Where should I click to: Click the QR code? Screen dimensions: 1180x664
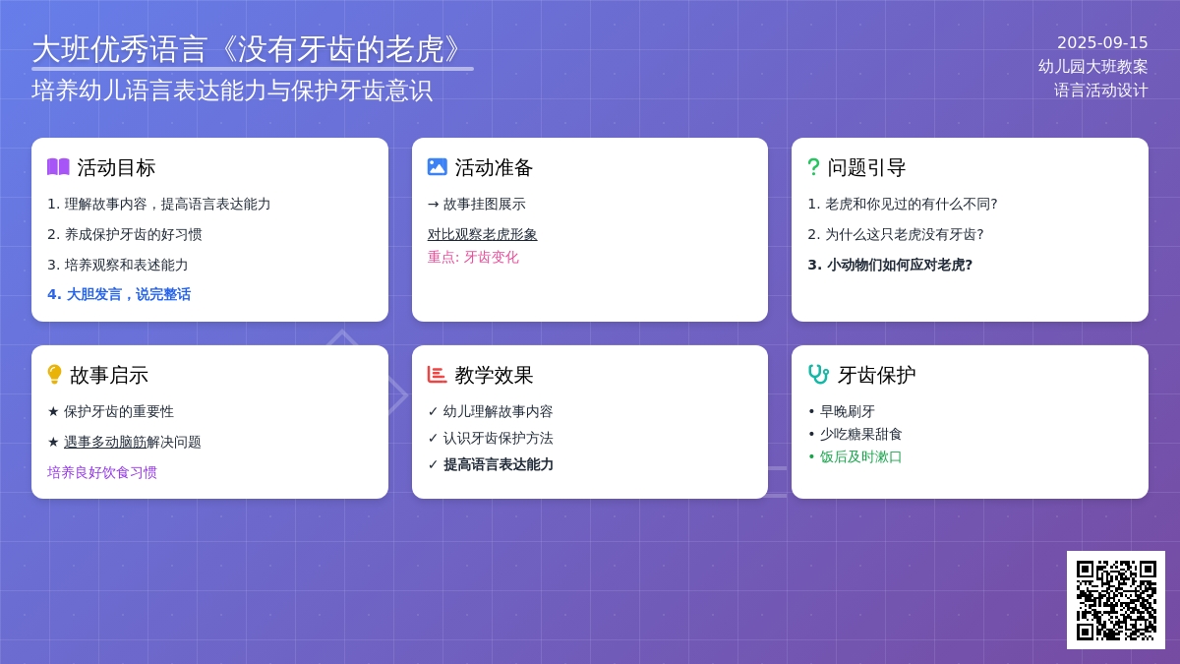pos(1116,600)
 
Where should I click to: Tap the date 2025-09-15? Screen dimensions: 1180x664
pos(1102,42)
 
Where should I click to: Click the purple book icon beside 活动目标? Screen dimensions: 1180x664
pos(58,167)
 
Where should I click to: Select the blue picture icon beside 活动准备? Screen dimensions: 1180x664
pos(437,167)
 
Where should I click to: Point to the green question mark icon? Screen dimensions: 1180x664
pos(813,167)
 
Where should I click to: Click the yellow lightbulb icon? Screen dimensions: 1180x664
pos(54,375)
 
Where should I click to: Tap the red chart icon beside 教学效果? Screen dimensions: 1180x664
pos(437,375)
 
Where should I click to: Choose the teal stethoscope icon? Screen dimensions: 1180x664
pos(818,375)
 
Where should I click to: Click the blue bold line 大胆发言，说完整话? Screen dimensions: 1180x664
pos(119,294)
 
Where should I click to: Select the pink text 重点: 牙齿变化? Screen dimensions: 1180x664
pos(473,257)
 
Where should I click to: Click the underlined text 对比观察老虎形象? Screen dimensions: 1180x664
pos(482,234)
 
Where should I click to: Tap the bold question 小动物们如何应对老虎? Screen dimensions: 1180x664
pos(890,265)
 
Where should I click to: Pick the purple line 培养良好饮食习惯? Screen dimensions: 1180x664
pos(101,472)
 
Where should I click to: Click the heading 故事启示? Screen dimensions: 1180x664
pos(108,375)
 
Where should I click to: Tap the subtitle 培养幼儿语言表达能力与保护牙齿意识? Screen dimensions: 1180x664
pos(232,91)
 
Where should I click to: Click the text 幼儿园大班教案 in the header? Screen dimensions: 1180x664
pos(1092,67)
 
